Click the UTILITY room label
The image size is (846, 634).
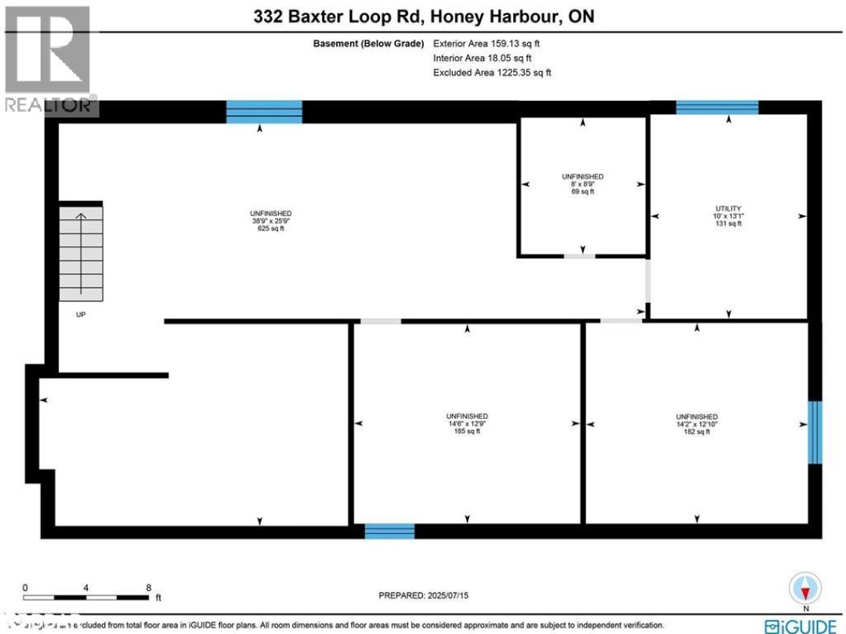coord(728,208)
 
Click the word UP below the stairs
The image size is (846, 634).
coord(81,315)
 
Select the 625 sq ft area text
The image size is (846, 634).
coord(271,229)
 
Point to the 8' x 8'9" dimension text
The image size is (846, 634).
coord(582,184)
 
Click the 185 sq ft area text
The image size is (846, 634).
coord(467,430)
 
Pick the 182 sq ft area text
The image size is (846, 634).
coord(697,431)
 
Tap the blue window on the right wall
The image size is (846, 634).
coord(815,432)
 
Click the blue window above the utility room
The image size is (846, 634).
coord(717,107)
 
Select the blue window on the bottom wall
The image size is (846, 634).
coord(389,531)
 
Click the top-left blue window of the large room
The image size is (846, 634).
coord(264,112)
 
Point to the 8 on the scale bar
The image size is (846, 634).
coord(148,587)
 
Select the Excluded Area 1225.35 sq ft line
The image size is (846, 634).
coord(492,72)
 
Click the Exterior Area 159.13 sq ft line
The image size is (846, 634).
coord(486,44)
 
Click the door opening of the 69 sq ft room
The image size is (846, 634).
coord(580,256)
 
